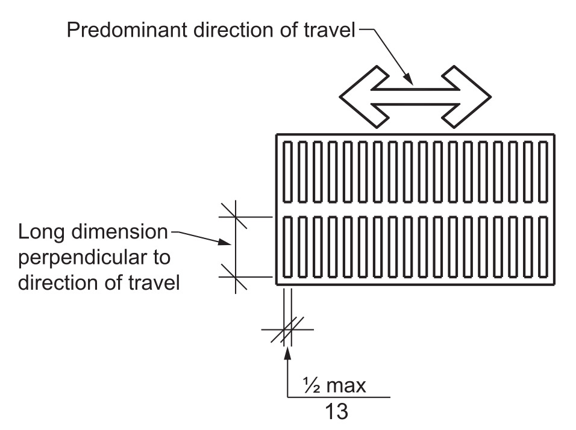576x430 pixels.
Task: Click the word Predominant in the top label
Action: click(x=127, y=30)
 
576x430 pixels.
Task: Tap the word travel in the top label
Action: click(x=330, y=30)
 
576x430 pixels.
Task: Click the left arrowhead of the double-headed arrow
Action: click(x=364, y=97)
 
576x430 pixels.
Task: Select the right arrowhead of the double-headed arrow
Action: click(x=466, y=97)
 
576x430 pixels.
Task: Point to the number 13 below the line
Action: click(x=336, y=411)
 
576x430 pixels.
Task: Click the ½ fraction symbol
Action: click(x=311, y=385)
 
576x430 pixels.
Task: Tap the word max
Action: click(x=346, y=386)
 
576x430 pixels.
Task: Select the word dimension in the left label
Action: click(x=120, y=232)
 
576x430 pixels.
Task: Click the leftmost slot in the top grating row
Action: click(x=287, y=172)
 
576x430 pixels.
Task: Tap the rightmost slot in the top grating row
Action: click(x=543, y=172)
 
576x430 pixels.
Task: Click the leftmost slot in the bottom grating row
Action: click(x=287, y=247)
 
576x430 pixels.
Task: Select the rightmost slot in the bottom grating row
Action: click(x=543, y=247)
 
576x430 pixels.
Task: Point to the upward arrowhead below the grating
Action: click(x=288, y=353)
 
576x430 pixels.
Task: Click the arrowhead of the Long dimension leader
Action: click(x=225, y=241)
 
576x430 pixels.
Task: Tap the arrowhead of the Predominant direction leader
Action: click(x=409, y=78)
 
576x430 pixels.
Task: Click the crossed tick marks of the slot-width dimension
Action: click(x=287, y=329)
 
